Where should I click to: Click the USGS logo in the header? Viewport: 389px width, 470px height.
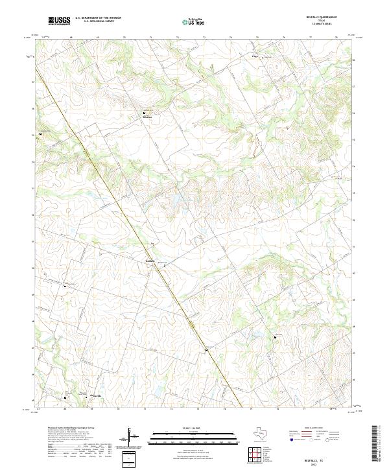tap(59, 21)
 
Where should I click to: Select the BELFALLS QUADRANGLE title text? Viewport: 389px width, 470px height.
tap(322, 18)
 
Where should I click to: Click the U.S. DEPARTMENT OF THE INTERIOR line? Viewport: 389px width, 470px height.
tap(98, 18)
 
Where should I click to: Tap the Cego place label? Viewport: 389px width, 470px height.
tap(255, 56)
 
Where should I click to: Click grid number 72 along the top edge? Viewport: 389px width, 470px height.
tap(177, 38)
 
